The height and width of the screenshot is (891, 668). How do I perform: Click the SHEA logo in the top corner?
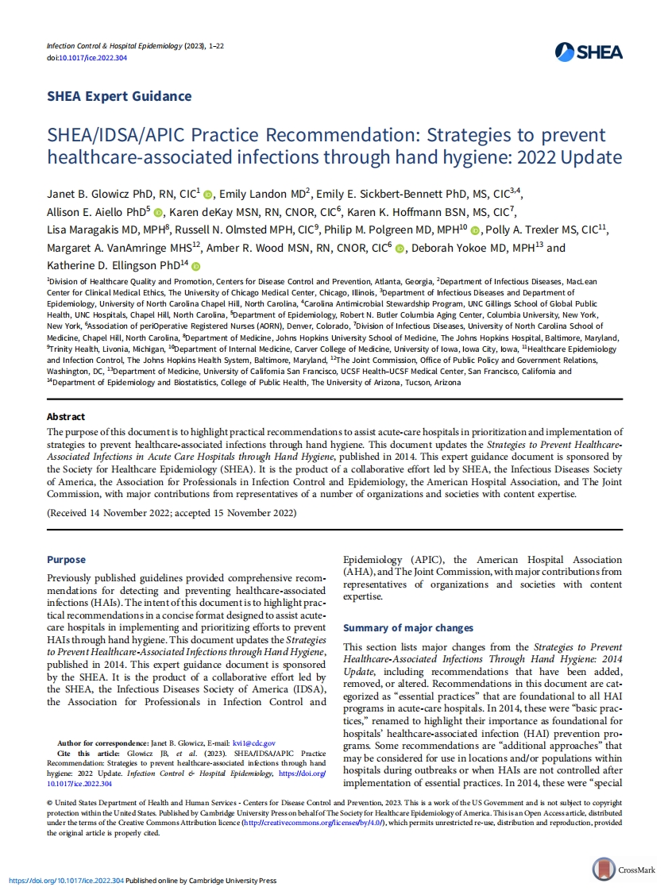point(589,52)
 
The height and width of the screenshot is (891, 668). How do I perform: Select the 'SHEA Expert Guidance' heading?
point(119,96)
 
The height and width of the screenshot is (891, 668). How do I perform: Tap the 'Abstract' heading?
point(66,416)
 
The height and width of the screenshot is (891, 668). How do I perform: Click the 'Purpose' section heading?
point(66,559)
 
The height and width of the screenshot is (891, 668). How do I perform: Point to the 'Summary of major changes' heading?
point(407,627)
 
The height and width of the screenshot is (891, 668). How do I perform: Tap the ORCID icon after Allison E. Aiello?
point(157,213)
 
